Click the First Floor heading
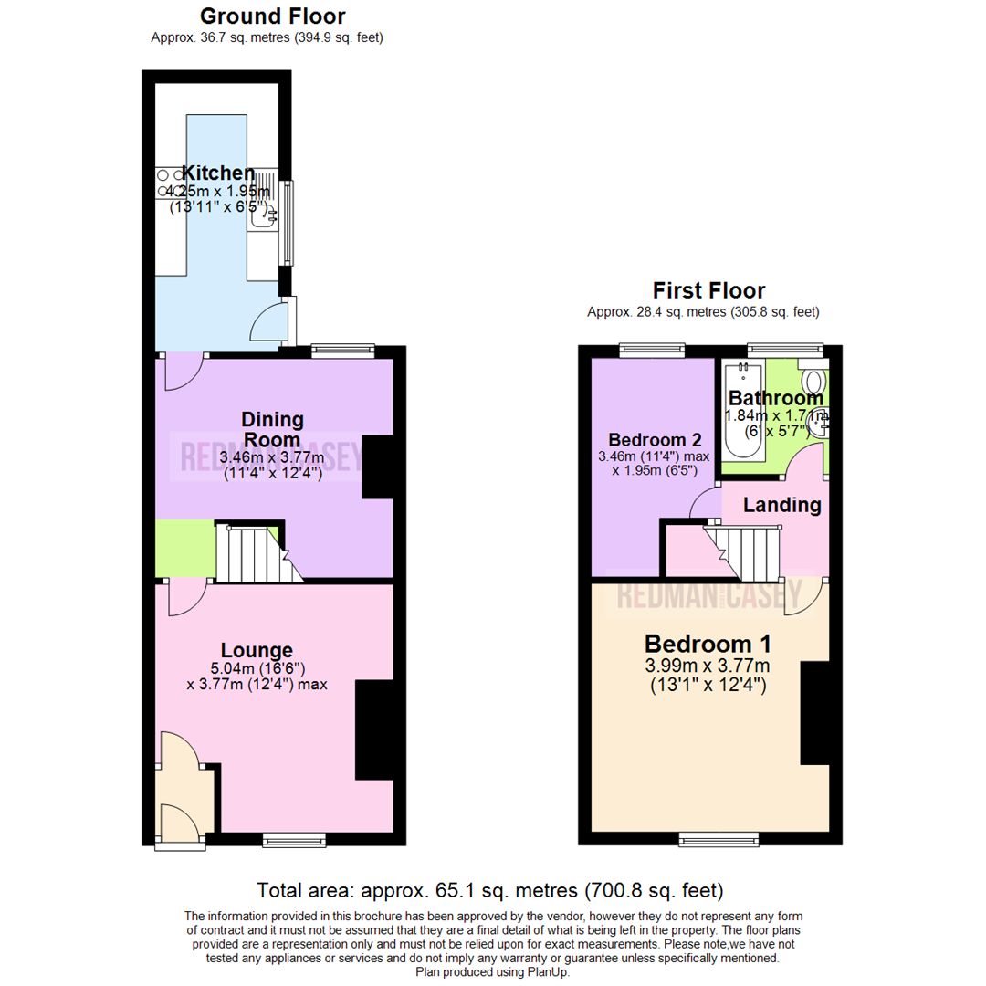(x=708, y=291)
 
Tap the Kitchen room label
(x=218, y=173)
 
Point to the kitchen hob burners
(x=171, y=183)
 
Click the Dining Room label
(x=272, y=430)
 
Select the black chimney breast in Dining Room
(x=378, y=467)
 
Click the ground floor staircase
(x=251, y=552)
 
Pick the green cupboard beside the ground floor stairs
(x=185, y=548)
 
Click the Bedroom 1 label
(x=708, y=642)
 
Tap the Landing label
(x=781, y=505)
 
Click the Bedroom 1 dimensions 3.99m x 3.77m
(x=708, y=664)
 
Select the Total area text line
(x=490, y=889)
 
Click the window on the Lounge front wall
(x=294, y=839)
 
